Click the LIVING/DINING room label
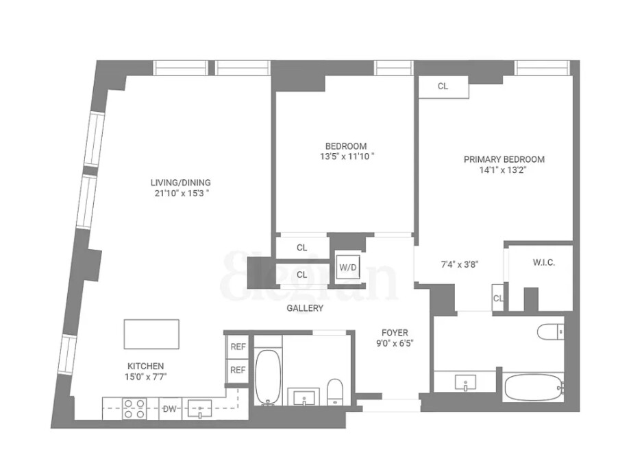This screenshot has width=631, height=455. pyautogui.click(x=180, y=183)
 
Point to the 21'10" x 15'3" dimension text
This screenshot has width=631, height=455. pyautogui.click(x=180, y=193)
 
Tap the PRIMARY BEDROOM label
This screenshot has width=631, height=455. pyautogui.click(x=504, y=159)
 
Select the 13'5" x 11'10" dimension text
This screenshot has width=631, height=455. pyautogui.click(x=345, y=156)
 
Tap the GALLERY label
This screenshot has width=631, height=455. pyautogui.click(x=305, y=309)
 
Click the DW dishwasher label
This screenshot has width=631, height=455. pyautogui.click(x=169, y=409)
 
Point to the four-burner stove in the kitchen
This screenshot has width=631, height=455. pyautogui.click(x=134, y=409)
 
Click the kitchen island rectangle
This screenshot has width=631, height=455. pyautogui.click(x=151, y=334)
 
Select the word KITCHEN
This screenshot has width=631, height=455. pyautogui.click(x=145, y=366)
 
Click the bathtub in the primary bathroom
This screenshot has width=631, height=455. pyautogui.click(x=534, y=388)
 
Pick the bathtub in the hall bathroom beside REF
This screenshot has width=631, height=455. pyautogui.click(x=268, y=377)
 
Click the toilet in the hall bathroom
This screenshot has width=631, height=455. pyautogui.click(x=335, y=391)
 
